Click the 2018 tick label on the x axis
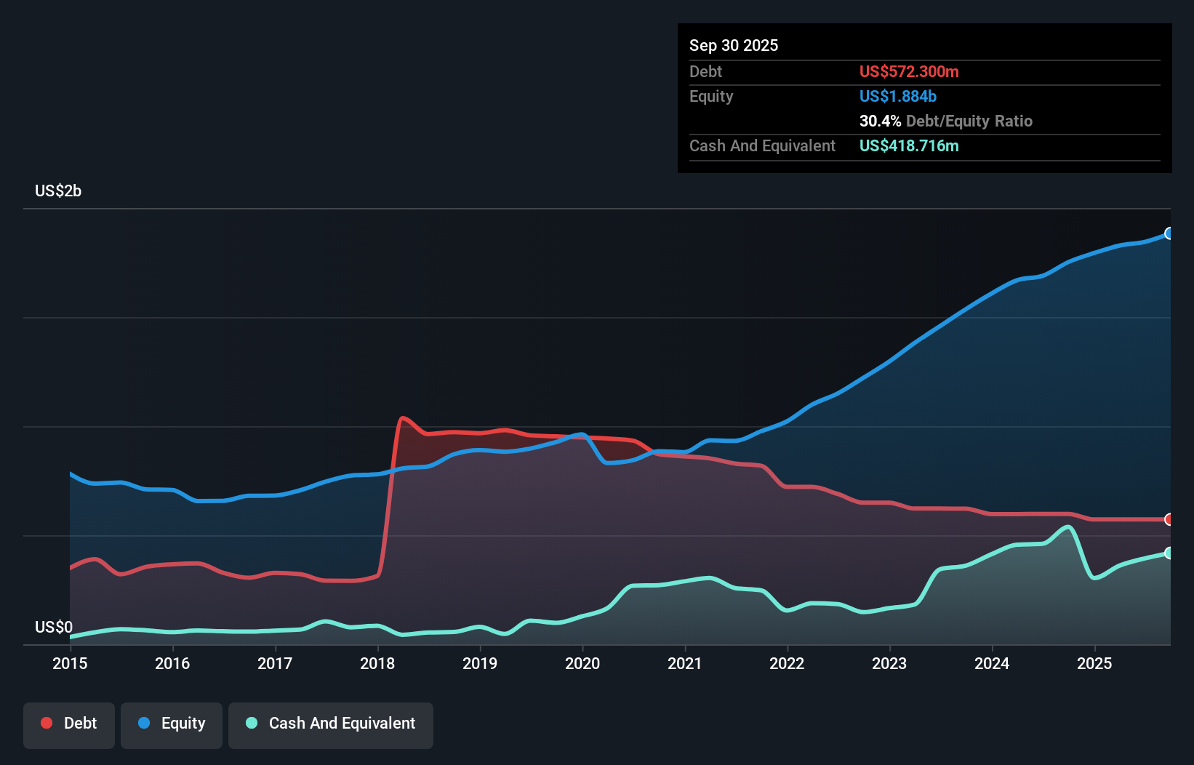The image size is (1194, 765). [377, 663]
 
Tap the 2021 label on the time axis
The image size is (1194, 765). [685, 663]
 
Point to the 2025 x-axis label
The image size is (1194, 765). [1094, 663]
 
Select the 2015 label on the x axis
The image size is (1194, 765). [70, 663]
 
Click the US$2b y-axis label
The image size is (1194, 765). [58, 191]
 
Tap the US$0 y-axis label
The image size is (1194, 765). [54, 627]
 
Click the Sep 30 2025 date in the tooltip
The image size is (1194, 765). [734, 45]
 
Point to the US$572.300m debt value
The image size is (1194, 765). [909, 71]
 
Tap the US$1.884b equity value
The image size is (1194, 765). [898, 96]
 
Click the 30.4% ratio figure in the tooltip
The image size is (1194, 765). [880, 121]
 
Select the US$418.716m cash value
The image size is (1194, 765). [909, 145]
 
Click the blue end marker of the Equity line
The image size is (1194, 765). [1169, 233]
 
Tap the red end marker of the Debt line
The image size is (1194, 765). [1169, 519]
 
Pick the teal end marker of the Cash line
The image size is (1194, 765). [1169, 553]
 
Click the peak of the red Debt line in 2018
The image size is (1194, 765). [402, 417]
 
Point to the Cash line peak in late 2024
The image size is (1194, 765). [1068, 526]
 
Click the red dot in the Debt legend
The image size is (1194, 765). [47, 723]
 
